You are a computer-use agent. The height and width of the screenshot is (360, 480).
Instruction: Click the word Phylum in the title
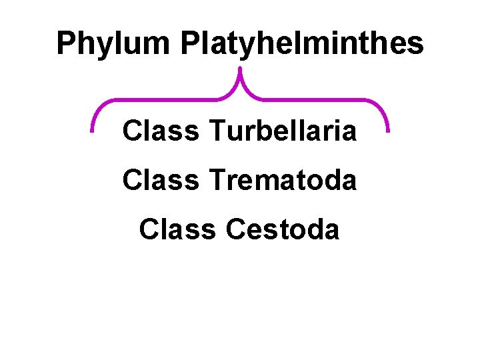113,44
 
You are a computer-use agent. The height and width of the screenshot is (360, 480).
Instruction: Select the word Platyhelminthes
301,44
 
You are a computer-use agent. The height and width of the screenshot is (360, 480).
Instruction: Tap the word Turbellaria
283,131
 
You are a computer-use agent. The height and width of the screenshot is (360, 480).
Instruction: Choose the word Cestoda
283,229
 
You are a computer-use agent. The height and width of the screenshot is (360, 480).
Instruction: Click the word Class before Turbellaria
161,131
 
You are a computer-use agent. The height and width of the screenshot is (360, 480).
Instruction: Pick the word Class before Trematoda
161,180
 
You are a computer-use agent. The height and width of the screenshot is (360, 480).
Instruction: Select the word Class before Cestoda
177,229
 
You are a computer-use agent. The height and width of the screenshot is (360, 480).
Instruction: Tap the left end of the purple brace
93,130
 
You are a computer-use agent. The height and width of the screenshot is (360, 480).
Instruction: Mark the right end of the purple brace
387,129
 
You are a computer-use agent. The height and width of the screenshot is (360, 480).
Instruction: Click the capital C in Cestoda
237,229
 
